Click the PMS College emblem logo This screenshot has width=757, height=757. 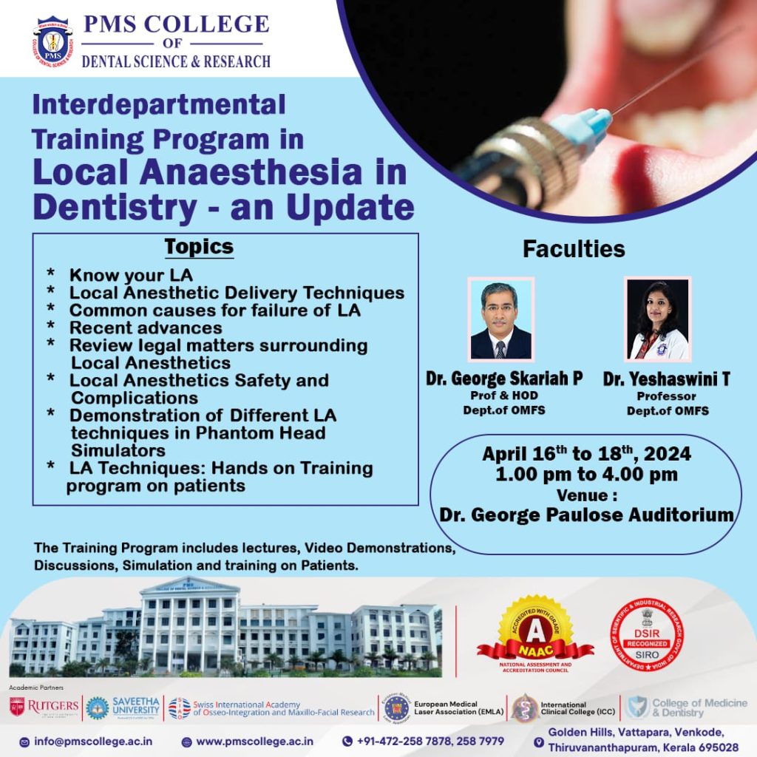(53, 42)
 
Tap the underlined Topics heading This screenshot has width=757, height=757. (198, 246)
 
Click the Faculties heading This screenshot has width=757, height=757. (574, 249)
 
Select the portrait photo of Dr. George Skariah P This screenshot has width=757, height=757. (500, 319)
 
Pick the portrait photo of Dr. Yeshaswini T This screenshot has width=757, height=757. (656, 319)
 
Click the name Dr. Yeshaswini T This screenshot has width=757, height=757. (666, 379)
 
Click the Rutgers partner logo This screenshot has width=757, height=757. (44, 707)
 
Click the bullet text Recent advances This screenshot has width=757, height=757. (146, 327)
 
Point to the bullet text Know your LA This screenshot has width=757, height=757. (131, 275)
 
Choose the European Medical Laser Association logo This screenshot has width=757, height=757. (396, 707)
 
